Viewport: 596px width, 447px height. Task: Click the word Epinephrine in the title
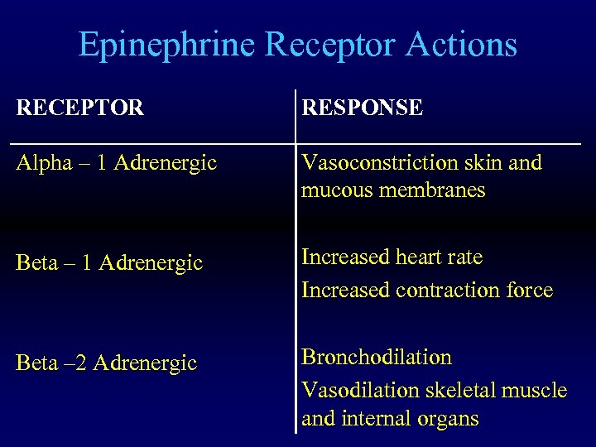coord(166,45)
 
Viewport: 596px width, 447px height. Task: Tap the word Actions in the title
coord(461,45)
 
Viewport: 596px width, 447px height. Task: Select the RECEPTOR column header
coord(80,108)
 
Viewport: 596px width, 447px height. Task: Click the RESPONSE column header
coord(362,108)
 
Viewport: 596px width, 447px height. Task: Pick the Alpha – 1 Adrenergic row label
coord(117,163)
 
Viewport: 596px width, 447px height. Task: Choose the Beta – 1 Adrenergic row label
coord(110,263)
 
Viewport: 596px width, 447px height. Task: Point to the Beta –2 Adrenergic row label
coord(107,363)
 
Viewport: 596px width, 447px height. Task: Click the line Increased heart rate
coord(392,257)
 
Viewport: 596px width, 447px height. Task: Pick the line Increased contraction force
coord(426,290)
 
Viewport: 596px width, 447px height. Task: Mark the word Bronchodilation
coord(377,358)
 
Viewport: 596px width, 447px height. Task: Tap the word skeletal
coord(458,390)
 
